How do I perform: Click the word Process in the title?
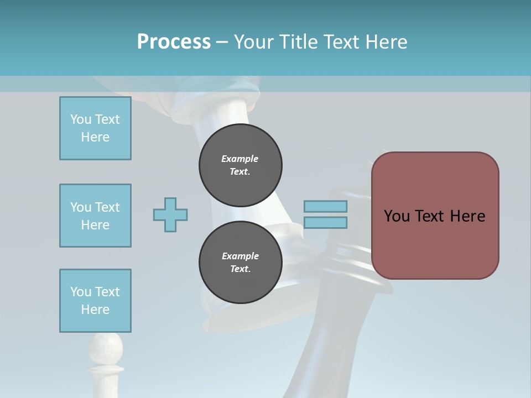(174, 42)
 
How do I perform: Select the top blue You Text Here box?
(95, 128)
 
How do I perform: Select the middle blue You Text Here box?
(95, 216)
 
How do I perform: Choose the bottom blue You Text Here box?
(95, 301)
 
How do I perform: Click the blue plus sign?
(170, 214)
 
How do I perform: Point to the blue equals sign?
(325, 214)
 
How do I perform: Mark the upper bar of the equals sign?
(325, 207)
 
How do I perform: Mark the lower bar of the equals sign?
(325, 223)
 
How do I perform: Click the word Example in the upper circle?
(240, 159)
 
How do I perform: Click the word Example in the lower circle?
(240, 256)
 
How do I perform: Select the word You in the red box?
(397, 216)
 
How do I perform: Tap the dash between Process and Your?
(222, 42)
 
